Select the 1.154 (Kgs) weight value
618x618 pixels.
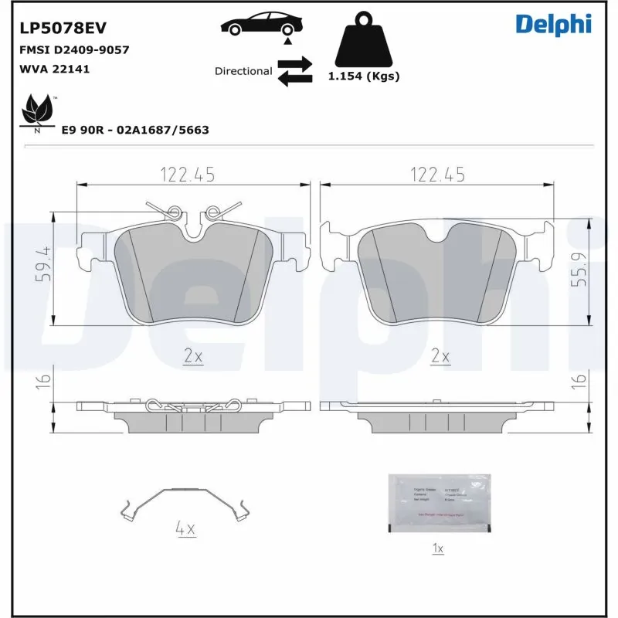(x=363, y=76)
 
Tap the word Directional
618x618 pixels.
(x=243, y=71)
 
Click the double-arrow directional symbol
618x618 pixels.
(x=294, y=70)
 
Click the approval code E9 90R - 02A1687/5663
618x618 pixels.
(x=135, y=131)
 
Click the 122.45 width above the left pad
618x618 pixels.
(x=187, y=175)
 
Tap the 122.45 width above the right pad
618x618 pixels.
(x=437, y=175)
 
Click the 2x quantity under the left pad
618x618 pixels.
(x=192, y=356)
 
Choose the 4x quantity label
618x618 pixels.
(x=185, y=530)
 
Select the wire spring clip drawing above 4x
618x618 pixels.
(x=186, y=504)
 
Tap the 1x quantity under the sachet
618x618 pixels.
(x=437, y=548)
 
